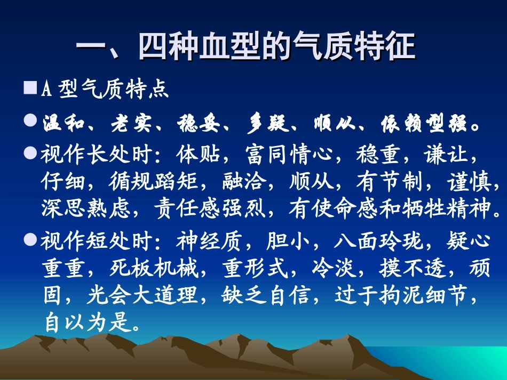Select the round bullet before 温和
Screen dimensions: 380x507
pyautogui.click(x=30, y=122)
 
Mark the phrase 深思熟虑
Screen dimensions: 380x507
pyautogui.click(x=84, y=208)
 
